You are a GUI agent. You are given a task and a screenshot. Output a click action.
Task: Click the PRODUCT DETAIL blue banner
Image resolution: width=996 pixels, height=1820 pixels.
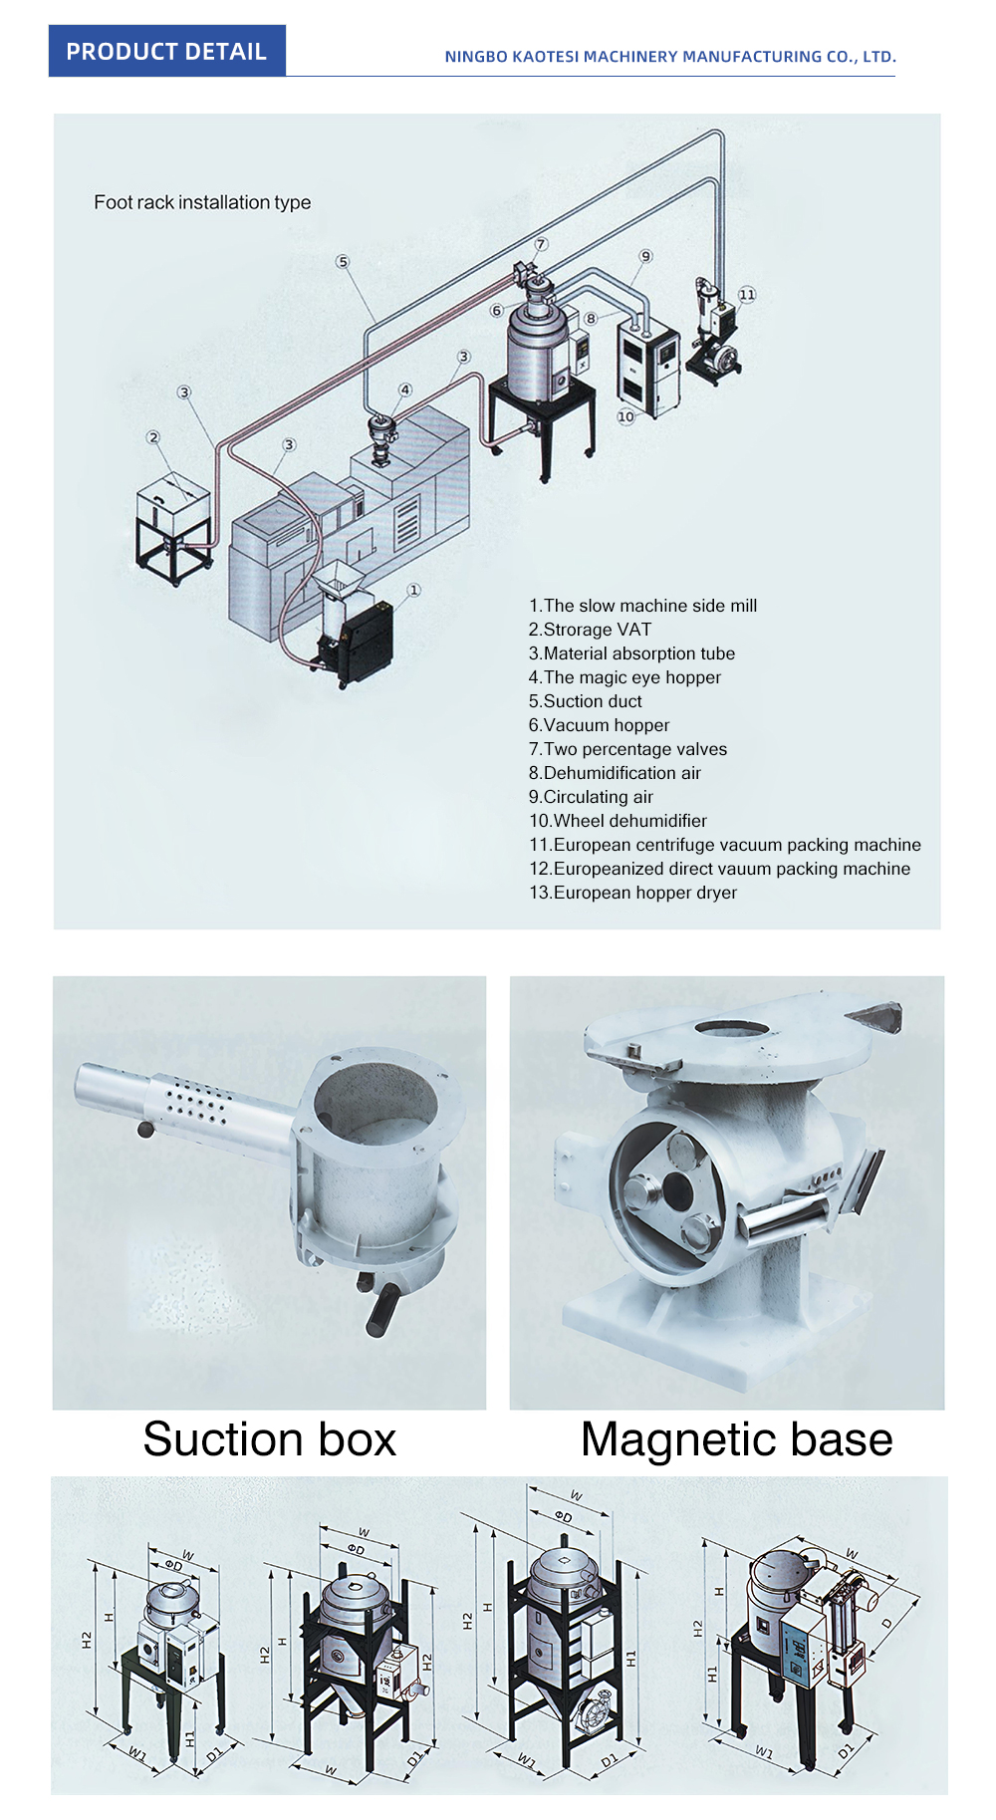tap(166, 52)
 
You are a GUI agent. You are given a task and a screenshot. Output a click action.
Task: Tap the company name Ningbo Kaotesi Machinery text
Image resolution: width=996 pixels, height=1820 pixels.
tap(669, 57)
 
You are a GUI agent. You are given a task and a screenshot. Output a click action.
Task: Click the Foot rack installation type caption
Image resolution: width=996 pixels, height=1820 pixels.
tap(202, 202)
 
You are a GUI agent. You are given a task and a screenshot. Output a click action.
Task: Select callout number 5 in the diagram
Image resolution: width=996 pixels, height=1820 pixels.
tap(343, 262)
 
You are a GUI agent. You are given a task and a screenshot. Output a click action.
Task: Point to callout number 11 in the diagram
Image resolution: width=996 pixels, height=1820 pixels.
tap(747, 295)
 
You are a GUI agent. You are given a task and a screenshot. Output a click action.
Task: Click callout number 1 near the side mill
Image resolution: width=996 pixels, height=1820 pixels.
tap(414, 590)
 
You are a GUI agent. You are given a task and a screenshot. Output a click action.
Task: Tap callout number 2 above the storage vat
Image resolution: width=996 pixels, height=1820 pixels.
tap(152, 437)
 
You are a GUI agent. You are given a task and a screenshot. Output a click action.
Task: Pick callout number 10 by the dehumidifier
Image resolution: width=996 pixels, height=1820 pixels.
tap(625, 416)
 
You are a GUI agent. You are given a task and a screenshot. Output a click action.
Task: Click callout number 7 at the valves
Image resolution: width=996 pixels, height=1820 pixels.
tap(541, 244)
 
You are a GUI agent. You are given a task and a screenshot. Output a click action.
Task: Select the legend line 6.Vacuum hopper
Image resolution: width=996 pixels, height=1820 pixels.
tap(599, 725)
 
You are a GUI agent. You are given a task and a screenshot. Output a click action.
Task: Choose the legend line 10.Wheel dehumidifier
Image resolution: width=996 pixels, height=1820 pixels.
tap(618, 821)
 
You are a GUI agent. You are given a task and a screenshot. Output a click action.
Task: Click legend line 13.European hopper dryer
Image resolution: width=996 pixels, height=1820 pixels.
tap(632, 893)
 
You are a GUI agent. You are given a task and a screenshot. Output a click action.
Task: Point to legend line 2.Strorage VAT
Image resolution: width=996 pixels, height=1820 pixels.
tap(590, 630)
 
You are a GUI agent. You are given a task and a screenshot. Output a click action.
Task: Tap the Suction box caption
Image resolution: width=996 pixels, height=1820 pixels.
tap(269, 1439)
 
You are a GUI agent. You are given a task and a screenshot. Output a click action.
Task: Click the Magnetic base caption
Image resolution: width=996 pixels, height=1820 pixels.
tap(736, 1439)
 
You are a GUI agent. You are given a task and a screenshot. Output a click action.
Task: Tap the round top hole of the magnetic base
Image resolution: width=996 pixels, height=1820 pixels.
tap(731, 1028)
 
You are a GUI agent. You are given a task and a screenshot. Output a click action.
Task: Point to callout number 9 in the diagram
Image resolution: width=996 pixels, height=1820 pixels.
tap(645, 257)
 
